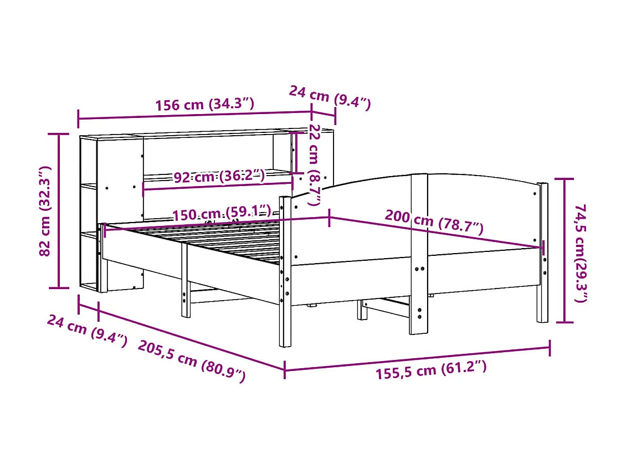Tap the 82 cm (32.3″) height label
[47, 211]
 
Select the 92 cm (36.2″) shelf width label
[219, 177]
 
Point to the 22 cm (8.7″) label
[315, 164]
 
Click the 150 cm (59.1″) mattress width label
[222, 214]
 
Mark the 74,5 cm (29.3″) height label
[581, 252]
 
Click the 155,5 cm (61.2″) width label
[431, 369]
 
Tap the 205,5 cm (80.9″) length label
[191, 360]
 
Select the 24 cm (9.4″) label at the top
[330, 97]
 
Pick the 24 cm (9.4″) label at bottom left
[88, 330]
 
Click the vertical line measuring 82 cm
[60, 211]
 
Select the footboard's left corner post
[285, 271]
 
